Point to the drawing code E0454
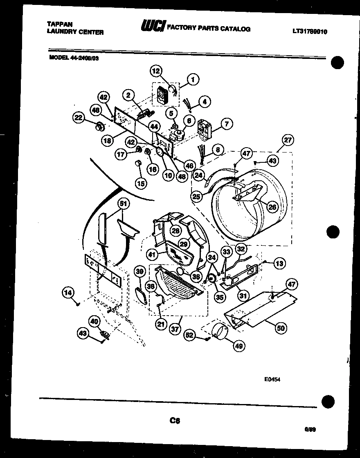tap(272, 379)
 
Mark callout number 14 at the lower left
tap(69, 292)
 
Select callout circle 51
tap(123, 203)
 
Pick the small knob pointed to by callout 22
tap(98, 126)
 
